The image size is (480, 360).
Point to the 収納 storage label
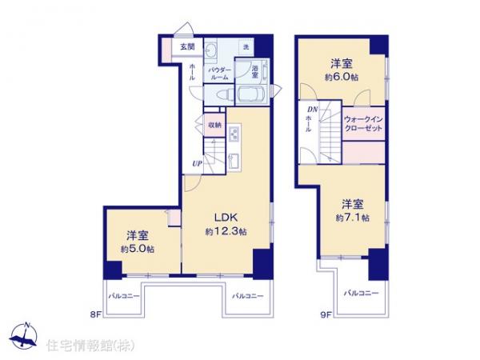214,125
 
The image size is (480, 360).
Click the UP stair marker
196,165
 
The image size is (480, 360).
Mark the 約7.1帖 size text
352,217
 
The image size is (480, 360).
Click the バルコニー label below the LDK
249,296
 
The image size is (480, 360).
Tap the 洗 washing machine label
247,47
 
